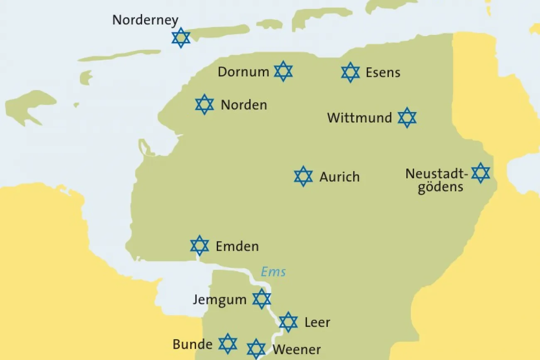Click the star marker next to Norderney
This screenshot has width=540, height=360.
tap(181, 38)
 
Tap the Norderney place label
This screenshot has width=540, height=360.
tap(145, 20)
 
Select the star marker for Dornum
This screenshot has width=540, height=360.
tap(283, 71)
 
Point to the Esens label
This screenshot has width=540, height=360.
tap(383, 73)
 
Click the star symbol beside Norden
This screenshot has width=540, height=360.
tap(204, 104)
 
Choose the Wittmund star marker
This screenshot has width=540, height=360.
tap(407, 118)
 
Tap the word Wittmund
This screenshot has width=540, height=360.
tap(359, 118)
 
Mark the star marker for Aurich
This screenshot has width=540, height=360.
tap(303, 176)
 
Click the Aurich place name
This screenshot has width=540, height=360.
tap(339, 177)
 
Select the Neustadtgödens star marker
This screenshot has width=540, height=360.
tap(481, 173)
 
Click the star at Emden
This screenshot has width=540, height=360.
tap(199, 245)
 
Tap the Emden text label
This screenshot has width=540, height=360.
tap(237, 246)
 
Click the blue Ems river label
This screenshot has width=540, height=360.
tap(273, 272)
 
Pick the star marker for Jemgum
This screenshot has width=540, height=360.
tap(262, 299)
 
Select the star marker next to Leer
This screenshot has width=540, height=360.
tap(288, 322)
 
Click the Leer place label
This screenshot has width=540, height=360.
tap(317, 322)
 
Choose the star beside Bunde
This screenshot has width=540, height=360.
tap(228, 343)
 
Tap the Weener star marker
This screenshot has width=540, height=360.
tap(256, 349)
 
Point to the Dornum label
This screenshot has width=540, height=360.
tap(243, 72)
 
